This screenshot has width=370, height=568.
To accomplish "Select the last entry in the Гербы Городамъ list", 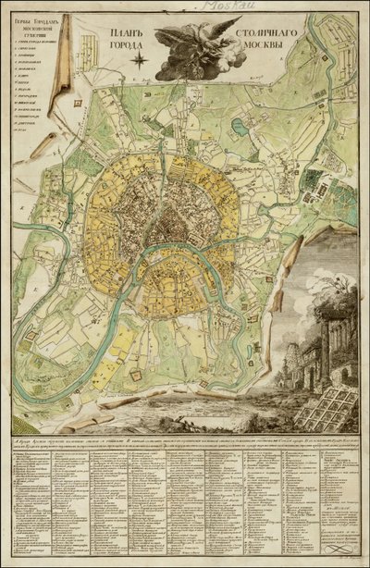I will pyautogui.click(x=20, y=132).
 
